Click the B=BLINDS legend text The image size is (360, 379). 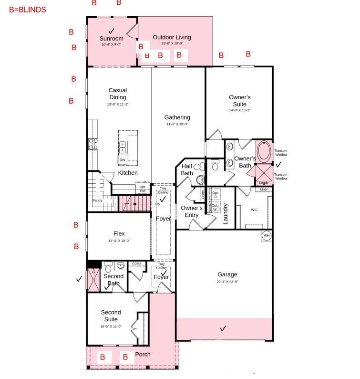point(28,10)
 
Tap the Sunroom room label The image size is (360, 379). point(111,39)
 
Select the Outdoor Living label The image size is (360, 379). point(172,37)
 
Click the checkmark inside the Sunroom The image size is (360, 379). point(112,31)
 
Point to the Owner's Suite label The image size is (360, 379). point(239,101)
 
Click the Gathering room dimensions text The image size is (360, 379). point(177,124)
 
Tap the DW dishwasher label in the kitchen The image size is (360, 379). point(123,160)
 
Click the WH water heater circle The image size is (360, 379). point(266,236)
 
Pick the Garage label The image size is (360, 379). point(227,274)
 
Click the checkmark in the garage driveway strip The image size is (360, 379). point(223,328)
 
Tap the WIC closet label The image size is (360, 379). point(254,210)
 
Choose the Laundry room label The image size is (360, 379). point(226,214)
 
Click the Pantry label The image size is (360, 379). point(97,200)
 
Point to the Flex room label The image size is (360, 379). point(119,233)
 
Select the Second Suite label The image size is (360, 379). point(111,316)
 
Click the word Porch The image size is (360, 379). point(143,354)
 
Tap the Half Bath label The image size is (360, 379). point(187,169)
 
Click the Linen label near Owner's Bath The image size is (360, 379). point(264,189)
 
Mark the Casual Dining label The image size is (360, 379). point(117,94)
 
